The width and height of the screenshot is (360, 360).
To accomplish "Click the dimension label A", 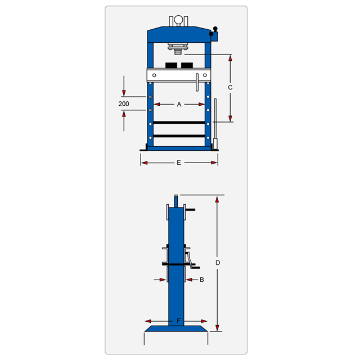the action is [179, 105].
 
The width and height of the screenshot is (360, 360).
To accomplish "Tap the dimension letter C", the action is [230, 88].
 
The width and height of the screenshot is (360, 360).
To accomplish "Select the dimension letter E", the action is [179, 163].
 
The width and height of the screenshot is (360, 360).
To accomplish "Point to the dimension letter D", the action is [218, 263].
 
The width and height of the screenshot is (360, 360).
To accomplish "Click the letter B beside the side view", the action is [202, 280].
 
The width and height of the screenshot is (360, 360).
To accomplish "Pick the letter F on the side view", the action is [179, 321].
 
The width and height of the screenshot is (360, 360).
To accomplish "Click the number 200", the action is [124, 104].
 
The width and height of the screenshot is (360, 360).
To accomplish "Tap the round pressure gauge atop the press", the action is [178, 20].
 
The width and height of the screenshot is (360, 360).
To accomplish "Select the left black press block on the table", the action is [171, 65].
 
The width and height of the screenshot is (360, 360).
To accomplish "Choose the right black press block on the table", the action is [187, 65].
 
